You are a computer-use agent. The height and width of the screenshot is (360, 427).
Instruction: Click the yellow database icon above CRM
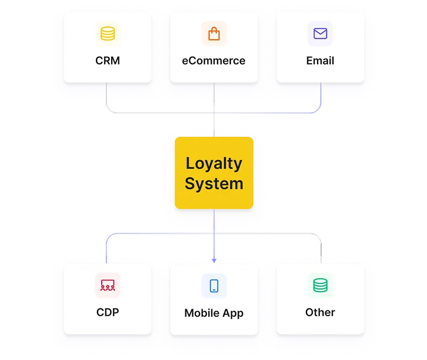(x=108, y=33)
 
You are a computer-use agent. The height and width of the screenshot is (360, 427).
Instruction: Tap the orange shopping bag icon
(x=214, y=33)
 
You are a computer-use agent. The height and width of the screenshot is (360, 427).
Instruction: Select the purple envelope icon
(x=321, y=33)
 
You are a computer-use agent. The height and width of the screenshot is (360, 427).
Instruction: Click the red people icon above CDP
(x=108, y=285)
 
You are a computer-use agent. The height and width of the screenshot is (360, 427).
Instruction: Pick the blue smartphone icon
(x=214, y=286)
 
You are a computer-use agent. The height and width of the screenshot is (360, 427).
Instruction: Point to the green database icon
(x=321, y=285)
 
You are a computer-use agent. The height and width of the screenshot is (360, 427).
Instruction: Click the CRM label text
(x=108, y=61)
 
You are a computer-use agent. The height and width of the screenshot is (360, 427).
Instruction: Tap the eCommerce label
(x=213, y=61)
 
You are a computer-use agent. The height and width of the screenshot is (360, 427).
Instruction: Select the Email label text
(x=321, y=61)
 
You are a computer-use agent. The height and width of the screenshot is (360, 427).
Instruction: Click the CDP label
(x=108, y=313)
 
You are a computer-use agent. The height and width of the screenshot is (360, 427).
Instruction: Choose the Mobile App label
(x=213, y=313)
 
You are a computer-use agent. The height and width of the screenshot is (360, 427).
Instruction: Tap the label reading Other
(x=321, y=313)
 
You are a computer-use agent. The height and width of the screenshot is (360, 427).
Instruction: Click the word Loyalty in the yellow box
(x=214, y=164)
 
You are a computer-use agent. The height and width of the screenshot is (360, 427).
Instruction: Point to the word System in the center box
(x=214, y=184)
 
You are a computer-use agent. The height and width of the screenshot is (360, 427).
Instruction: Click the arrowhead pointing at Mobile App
(x=214, y=261)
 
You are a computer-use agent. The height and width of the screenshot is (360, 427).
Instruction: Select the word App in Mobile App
(x=233, y=314)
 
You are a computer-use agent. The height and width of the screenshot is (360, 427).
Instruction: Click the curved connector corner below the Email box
(x=318, y=110)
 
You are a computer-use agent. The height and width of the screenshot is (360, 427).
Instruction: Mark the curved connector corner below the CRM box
(x=109, y=109)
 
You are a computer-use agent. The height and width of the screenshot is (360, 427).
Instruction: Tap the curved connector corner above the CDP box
(x=109, y=237)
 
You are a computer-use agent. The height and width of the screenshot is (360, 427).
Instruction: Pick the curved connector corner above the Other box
(x=318, y=237)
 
